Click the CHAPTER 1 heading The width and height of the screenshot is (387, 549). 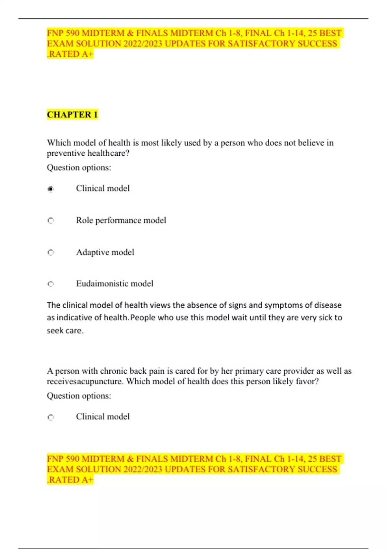coord(72,115)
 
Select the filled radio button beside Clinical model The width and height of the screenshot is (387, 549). coord(51,189)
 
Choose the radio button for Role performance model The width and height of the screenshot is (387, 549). coord(51,221)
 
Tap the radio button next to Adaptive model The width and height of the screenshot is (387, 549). coord(51,253)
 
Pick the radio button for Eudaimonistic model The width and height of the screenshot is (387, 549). coord(51,284)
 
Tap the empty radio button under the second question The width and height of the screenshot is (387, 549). coord(51,417)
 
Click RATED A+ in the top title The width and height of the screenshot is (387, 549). coord(71,54)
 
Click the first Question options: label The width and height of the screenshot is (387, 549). coord(79,168)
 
